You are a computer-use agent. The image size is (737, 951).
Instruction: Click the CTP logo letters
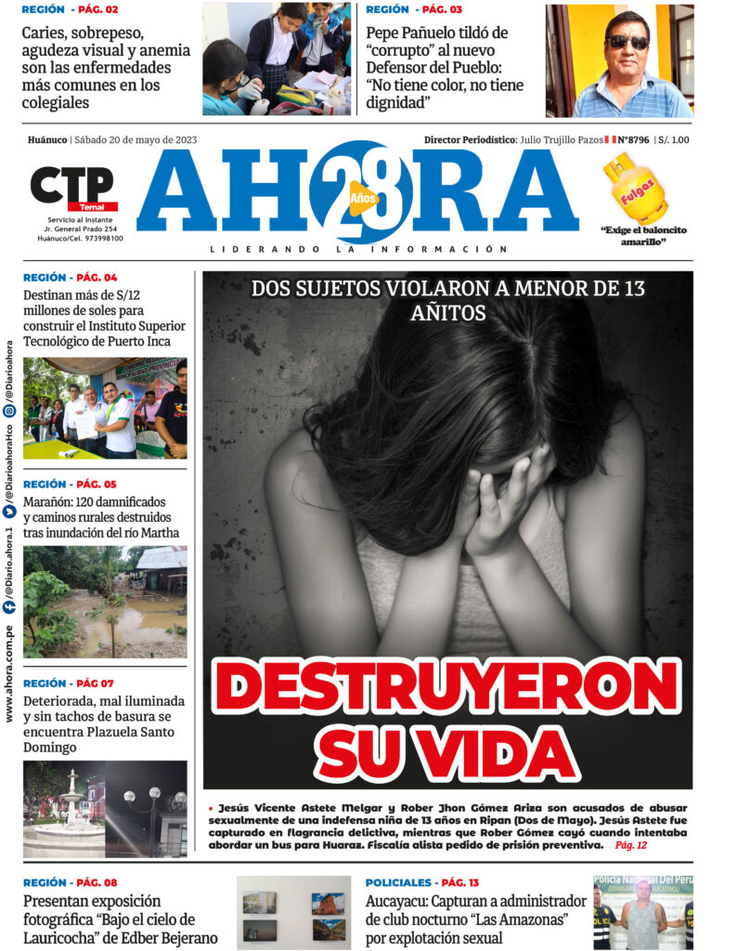click(x=71, y=185)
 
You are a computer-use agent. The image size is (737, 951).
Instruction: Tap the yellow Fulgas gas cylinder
click(x=634, y=189)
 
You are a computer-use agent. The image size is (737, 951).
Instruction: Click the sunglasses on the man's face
click(x=627, y=42)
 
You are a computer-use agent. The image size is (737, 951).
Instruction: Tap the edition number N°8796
click(x=633, y=140)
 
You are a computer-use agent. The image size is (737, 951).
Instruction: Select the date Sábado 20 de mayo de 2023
click(x=136, y=140)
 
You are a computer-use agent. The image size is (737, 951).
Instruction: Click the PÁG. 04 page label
click(x=97, y=278)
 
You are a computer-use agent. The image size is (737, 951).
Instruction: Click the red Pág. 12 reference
click(x=630, y=845)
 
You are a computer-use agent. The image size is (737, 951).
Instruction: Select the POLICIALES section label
click(x=398, y=882)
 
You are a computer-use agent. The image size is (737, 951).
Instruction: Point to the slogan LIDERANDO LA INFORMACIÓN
click(x=358, y=249)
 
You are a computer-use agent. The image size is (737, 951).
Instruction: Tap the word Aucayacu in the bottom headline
click(x=395, y=901)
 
